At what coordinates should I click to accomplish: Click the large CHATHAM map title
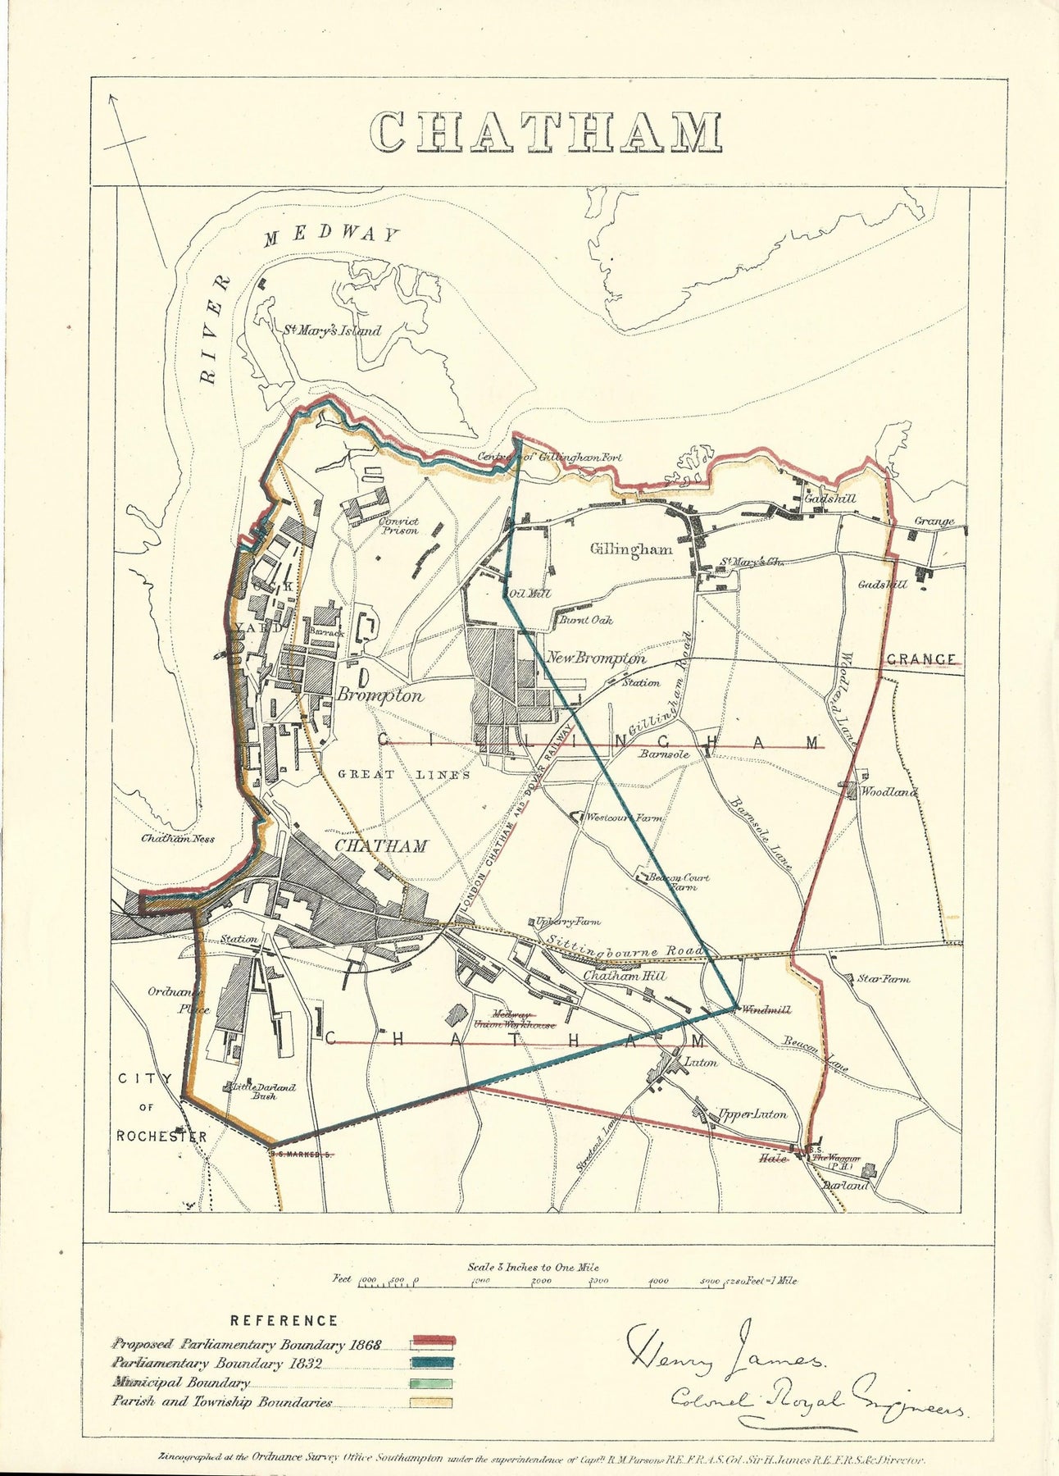point(547,132)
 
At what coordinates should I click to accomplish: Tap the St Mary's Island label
point(332,330)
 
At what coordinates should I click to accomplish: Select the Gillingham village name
point(631,549)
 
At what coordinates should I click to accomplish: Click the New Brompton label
point(596,658)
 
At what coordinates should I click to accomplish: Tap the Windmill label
point(765,1010)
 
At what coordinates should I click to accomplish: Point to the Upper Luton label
point(752,1114)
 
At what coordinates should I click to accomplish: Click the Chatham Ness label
point(178,839)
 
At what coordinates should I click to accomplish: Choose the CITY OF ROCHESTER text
point(161,1107)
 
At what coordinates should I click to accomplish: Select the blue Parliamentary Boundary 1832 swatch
point(432,1363)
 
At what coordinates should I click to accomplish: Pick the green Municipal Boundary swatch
point(432,1383)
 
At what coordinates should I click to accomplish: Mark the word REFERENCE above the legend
point(284,1320)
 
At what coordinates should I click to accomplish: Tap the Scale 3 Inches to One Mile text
point(533,1267)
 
